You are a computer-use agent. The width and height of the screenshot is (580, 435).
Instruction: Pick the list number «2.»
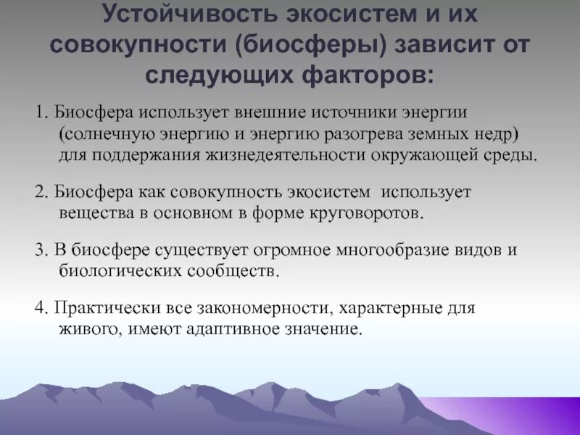pyautogui.click(x=41, y=192)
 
